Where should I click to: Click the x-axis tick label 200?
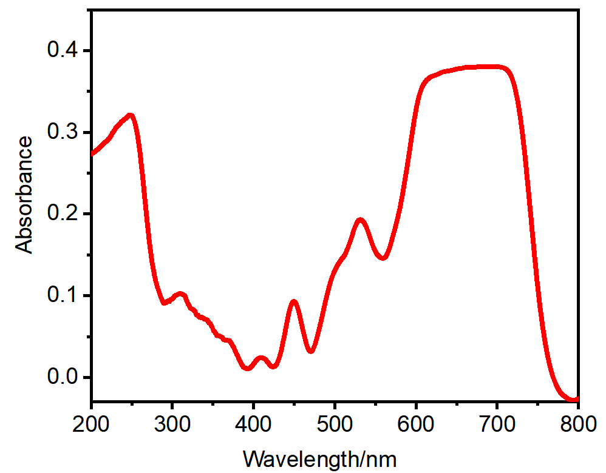(x=92, y=424)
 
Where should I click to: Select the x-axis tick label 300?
(x=172, y=424)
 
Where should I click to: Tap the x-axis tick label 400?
(x=254, y=424)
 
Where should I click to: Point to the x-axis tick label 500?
(x=335, y=424)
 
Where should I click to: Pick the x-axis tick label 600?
(x=416, y=424)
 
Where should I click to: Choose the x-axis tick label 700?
(x=497, y=424)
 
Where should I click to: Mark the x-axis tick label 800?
(x=577, y=424)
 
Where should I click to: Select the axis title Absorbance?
(x=24, y=194)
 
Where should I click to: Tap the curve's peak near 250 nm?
(x=130, y=115)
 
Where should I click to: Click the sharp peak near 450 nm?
(x=294, y=301)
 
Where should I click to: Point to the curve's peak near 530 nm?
(x=360, y=220)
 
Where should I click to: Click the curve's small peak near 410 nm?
(x=261, y=358)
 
